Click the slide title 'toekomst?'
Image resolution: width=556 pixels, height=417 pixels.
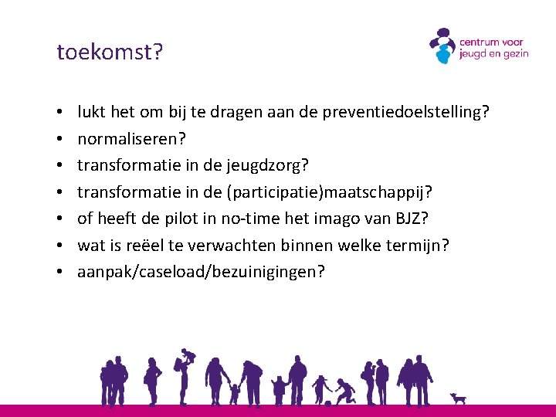click(x=110, y=52)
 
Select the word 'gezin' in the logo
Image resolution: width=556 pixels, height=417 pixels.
click(x=513, y=55)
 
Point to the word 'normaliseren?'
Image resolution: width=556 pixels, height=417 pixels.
click(x=132, y=139)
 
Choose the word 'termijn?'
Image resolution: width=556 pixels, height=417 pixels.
click(x=420, y=245)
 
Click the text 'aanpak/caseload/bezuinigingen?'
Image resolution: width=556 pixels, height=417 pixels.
click(x=201, y=272)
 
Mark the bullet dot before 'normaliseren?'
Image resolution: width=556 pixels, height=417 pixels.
click(x=60, y=140)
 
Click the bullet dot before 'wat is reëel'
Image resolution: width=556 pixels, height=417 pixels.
click(x=60, y=246)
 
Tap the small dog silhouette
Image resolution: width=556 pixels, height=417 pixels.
click(x=459, y=398)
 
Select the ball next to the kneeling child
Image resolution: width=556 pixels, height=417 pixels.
click(x=329, y=401)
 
